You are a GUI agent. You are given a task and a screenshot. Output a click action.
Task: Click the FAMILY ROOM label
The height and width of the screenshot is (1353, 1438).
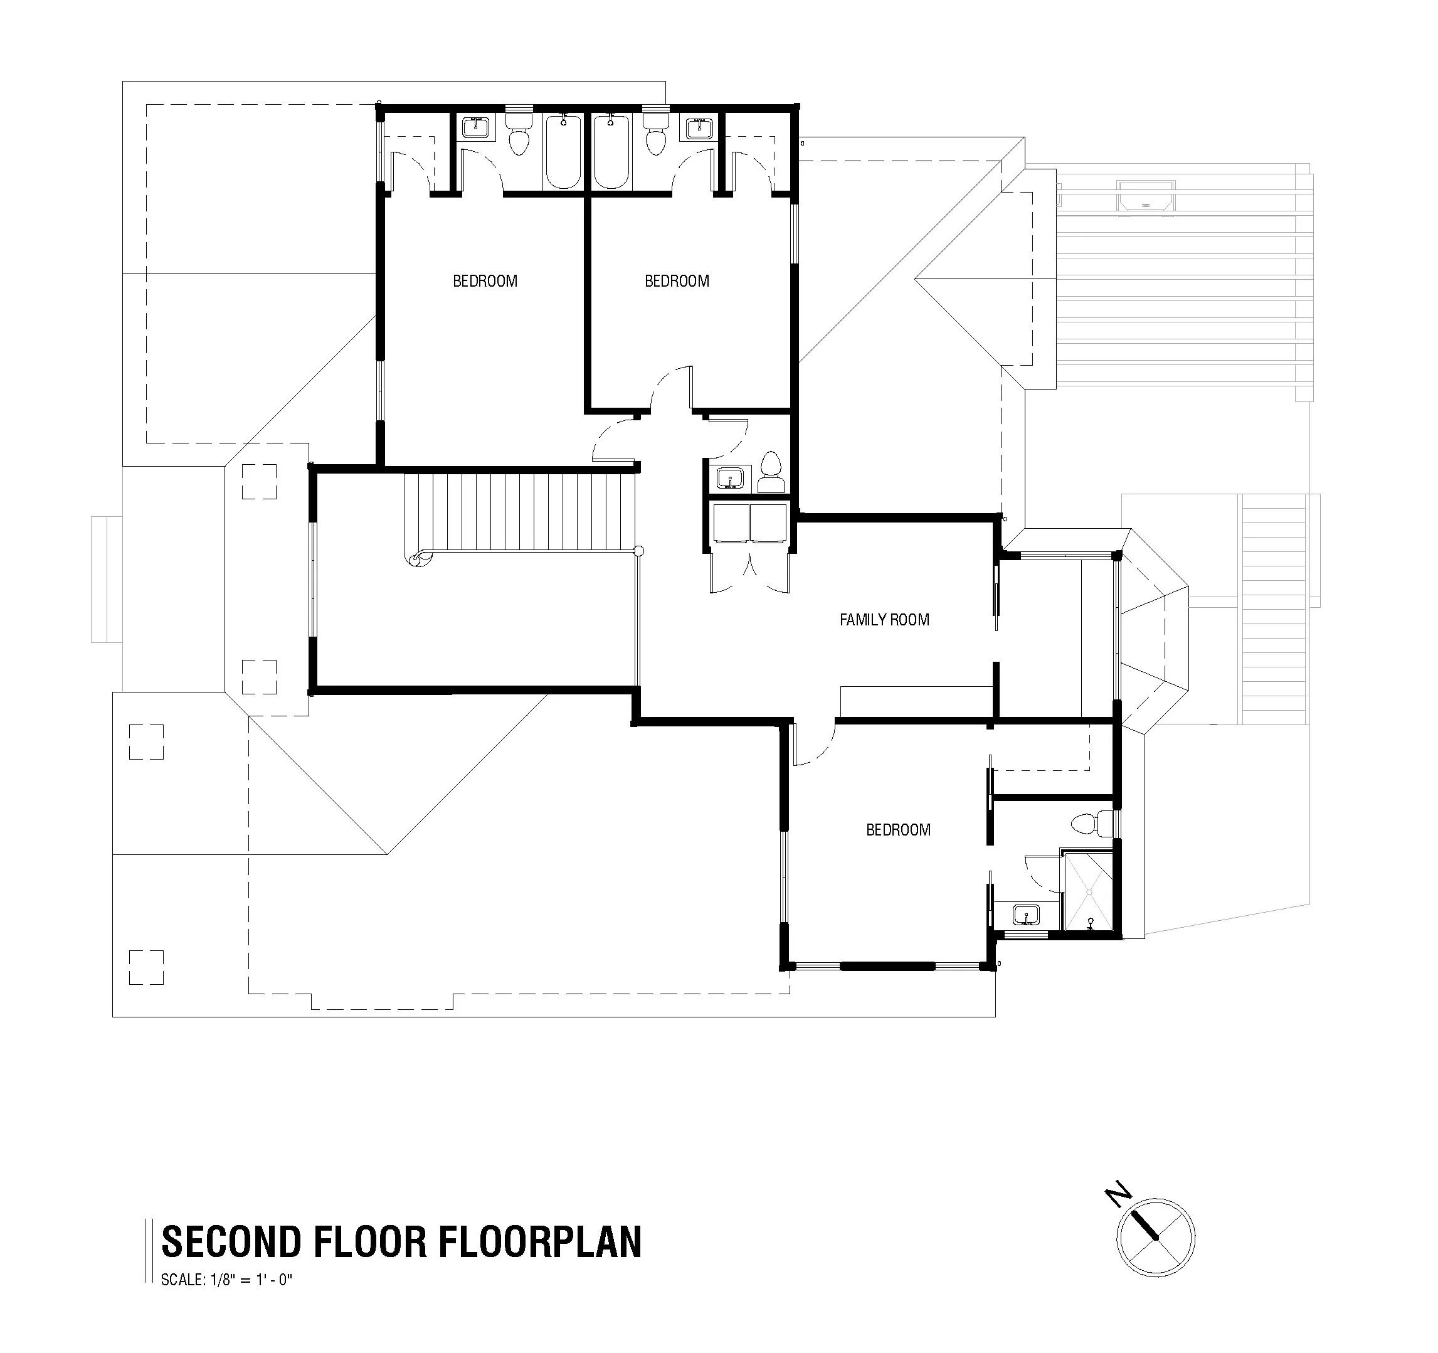pyautogui.click(x=884, y=620)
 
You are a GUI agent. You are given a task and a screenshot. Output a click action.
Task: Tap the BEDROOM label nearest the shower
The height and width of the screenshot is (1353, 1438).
pyautogui.click(x=897, y=830)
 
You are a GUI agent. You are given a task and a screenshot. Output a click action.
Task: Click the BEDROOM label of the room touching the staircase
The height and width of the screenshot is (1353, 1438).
pyautogui.click(x=485, y=281)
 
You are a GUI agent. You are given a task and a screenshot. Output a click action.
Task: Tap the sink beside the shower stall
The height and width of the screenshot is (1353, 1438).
pyautogui.click(x=1025, y=915)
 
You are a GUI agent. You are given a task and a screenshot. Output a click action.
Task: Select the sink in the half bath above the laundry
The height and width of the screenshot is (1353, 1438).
pyautogui.click(x=729, y=478)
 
